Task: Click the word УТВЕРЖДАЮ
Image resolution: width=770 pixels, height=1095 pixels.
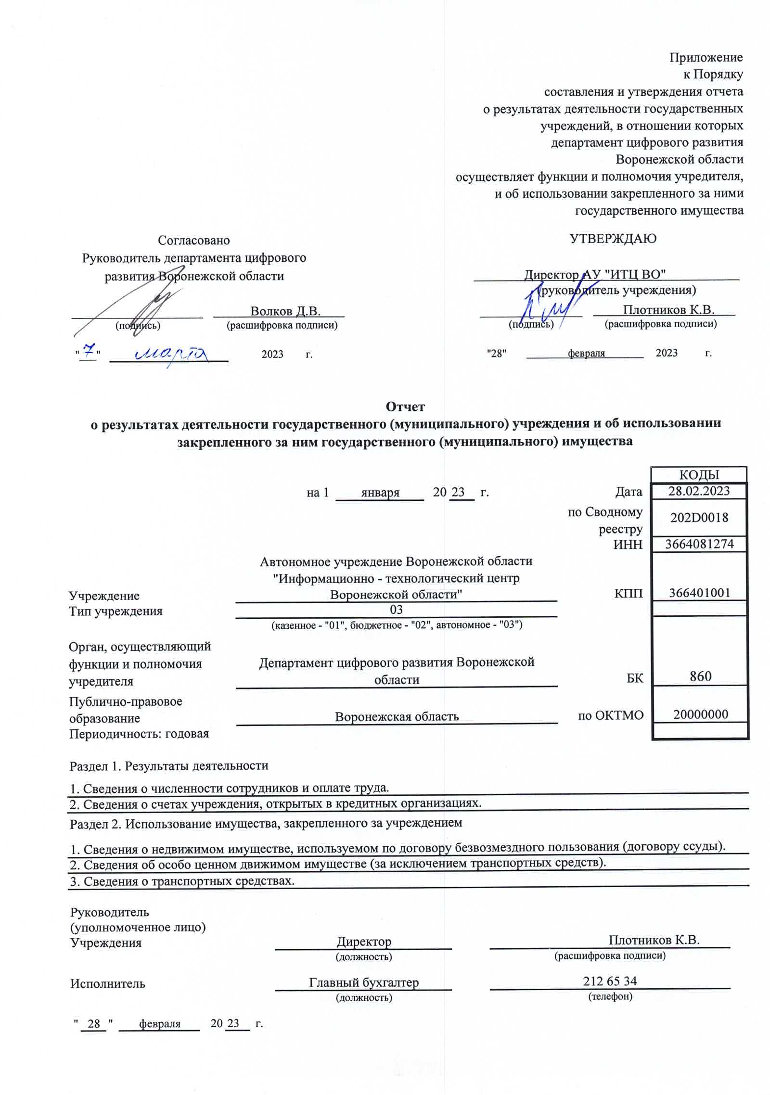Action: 613,239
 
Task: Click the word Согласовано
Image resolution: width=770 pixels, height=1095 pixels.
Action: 194,241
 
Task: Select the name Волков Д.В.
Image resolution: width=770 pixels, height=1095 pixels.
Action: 285,311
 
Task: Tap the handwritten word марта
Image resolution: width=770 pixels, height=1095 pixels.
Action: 171,354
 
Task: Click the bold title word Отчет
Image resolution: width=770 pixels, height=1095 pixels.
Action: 405,407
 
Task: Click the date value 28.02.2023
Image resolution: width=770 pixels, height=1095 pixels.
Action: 699,491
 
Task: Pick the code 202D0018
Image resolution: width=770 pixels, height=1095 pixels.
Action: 699,518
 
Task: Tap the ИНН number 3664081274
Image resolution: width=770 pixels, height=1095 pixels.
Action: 699,544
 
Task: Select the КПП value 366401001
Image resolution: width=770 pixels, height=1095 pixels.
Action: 699,593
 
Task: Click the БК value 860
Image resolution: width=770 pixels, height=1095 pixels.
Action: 700,677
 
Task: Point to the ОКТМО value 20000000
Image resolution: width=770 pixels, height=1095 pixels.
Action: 700,714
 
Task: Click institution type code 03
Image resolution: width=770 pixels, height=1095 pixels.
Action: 396,610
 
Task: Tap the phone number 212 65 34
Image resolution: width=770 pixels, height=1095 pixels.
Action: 610,980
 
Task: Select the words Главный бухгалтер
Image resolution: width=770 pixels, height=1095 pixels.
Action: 364,982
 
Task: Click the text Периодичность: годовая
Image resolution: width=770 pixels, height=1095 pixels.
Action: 139,734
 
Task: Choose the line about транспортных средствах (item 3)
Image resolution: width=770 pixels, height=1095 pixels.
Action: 182,881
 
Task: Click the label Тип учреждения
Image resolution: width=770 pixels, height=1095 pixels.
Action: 115,611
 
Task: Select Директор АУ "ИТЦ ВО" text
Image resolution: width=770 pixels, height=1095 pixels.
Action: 595,275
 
